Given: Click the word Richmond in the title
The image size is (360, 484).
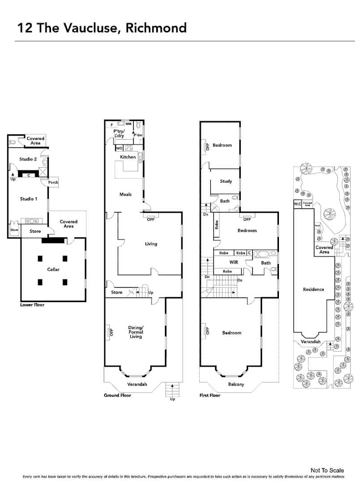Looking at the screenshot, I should pos(156,28).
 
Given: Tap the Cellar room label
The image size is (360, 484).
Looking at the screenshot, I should pos(53,269).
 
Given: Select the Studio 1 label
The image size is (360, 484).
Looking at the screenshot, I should pos(29,198).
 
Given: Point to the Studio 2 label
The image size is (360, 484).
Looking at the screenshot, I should pos(28,159).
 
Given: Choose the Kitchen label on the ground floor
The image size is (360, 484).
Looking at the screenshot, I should pos(128,157).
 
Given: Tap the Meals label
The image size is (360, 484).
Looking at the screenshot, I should pos(125,194).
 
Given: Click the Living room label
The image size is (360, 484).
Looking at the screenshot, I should pos(151,244).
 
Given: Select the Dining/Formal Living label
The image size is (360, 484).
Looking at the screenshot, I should pos(136,332).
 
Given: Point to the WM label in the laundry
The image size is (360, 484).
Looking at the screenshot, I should pos(128,124).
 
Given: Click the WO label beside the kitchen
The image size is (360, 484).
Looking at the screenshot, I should pos(119,147).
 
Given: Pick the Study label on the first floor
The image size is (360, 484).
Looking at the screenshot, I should pos(226,181).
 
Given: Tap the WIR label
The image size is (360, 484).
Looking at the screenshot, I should pos(233,262).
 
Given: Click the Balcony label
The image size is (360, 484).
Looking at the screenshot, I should pos(236,385).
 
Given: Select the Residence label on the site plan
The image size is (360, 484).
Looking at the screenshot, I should pos(313,290).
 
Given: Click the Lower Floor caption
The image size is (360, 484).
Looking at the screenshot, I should pos(32,305).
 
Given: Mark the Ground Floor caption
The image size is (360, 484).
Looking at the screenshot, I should pos(117,396).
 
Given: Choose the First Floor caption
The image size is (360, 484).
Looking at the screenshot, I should pos(210,396).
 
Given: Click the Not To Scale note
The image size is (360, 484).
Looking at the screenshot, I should pos(327,470).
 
